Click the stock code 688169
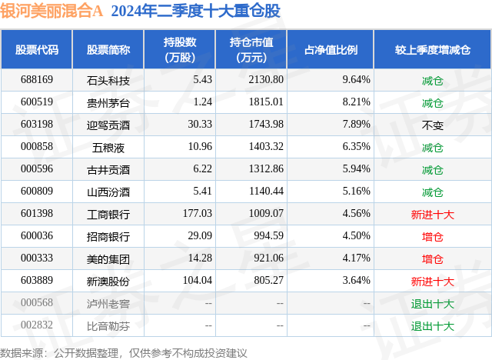point(37,80)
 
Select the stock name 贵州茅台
point(108,102)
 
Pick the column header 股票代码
point(37,49)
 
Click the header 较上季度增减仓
point(433,49)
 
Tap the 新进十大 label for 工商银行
point(433,214)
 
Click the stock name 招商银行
point(108,236)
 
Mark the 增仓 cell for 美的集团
point(433,258)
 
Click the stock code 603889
point(37,281)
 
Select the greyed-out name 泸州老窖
point(108,303)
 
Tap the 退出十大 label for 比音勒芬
point(433,325)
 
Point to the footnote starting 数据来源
point(124,352)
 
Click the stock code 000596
point(37,169)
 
